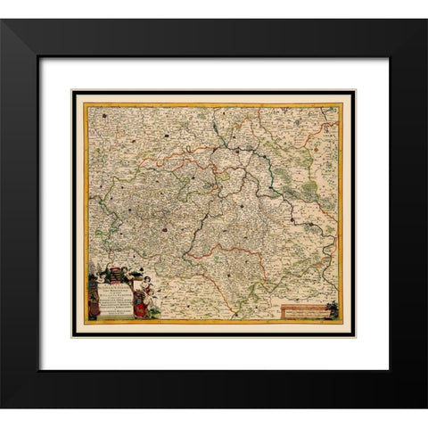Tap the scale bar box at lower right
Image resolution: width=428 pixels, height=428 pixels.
[302, 311]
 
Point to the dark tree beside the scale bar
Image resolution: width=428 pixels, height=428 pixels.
[333, 309]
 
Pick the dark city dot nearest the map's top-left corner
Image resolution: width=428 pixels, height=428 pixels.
[105, 114]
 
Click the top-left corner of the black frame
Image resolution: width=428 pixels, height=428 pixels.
[2, 20]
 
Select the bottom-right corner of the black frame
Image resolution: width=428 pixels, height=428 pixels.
[425, 407]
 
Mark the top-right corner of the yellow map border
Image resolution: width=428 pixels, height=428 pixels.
[342, 103]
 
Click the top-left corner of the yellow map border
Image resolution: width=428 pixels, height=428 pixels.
[85, 103]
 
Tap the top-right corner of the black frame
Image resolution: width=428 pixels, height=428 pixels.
[425, 20]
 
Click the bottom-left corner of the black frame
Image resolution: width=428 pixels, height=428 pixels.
[2, 407]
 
